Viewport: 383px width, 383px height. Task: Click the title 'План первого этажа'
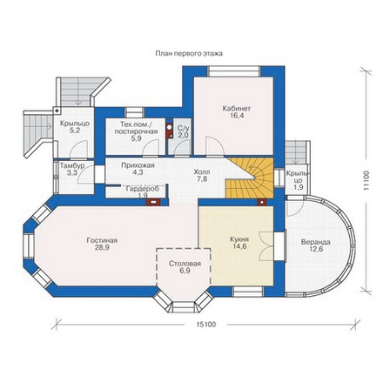tap(189, 54)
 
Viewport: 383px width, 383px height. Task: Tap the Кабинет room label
tap(237, 109)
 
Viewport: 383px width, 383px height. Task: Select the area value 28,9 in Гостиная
tap(102, 247)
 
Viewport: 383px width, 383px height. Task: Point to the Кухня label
tap(239, 239)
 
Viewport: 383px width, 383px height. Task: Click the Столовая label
tap(185, 264)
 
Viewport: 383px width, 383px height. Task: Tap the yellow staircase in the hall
tap(251, 178)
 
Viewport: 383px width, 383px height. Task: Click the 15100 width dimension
tap(206, 324)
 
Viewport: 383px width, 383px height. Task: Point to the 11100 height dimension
tap(366, 181)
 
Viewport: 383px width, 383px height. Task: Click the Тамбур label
tap(72, 166)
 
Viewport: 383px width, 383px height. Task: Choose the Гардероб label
tap(143, 189)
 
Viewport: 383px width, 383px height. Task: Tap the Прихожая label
tap(138, 165)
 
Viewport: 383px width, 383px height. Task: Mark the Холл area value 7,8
tap(202, 179)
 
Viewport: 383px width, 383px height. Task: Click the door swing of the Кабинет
tap(214, 145)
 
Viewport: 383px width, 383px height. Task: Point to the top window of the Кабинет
tap(234, 71)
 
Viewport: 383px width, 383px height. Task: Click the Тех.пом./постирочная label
tap(136, 128)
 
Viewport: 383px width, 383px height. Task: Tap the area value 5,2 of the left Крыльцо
tap(74, 131)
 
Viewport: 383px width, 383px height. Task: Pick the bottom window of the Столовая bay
tap(184, 306)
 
